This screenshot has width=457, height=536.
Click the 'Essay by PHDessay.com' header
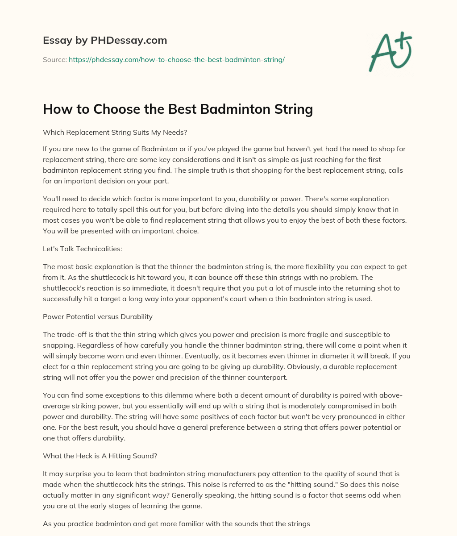pyautogui.click(x=105, y=40)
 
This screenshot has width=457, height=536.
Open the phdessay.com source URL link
pyautogui.click(x=177, y=59)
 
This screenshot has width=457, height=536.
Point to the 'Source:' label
pyautogui.click(x=54, y=59)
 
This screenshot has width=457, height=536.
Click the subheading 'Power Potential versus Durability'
pyautogui.click(x=98, y=316)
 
